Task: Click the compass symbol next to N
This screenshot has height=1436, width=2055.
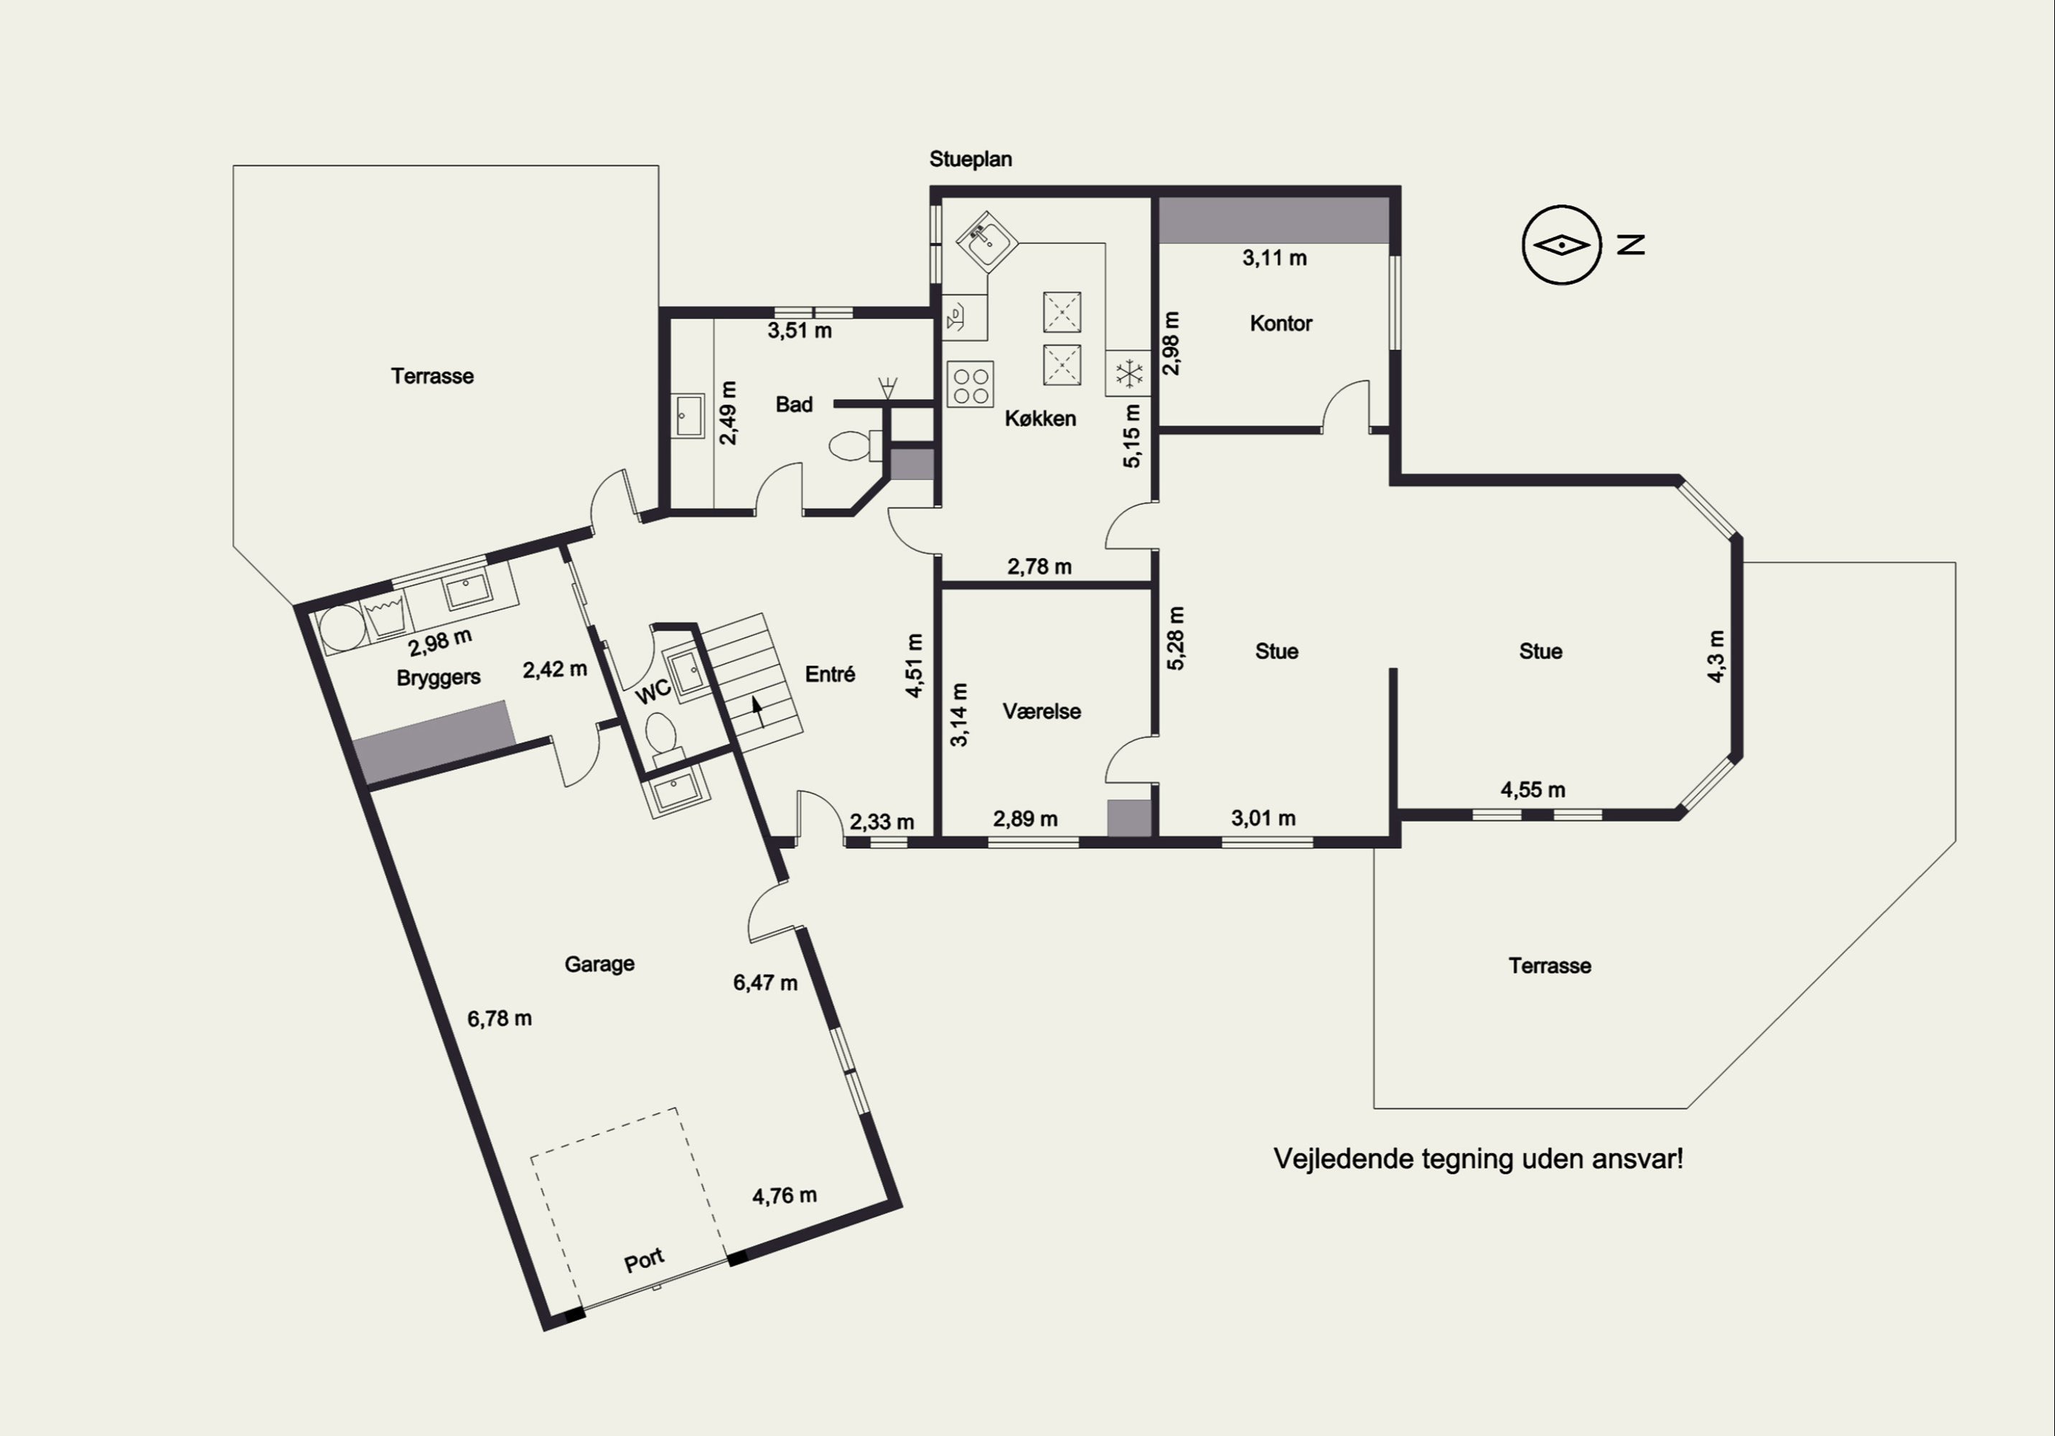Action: tap(1561, 244)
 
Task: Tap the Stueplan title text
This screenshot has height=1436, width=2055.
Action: tap(970, 159)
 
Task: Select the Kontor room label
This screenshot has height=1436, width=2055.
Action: tap(1281, 323)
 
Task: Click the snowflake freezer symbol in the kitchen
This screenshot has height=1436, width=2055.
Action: tap(1128, 373)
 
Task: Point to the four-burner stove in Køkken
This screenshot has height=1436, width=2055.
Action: tap(970, 384)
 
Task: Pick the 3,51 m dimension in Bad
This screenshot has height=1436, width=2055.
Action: tap(800, 330)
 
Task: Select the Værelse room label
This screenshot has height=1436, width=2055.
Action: tap(1041, 712)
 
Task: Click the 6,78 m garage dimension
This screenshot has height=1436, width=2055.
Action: tap(500, 1019)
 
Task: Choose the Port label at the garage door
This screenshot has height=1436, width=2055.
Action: tap(645, 1259)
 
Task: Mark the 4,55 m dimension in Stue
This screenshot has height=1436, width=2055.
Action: tap(1533, 790)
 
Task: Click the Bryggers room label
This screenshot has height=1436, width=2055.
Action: tap(439, 678)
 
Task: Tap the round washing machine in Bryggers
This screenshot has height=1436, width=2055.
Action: tap(340, 628)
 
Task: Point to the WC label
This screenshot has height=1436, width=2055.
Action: tap(653, 690)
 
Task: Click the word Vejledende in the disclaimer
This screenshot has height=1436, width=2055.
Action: tap(1335, 1160)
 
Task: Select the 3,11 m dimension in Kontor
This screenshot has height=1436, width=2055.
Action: tap(1275, 258)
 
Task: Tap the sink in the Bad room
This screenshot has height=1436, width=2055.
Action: tap(689, 416)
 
